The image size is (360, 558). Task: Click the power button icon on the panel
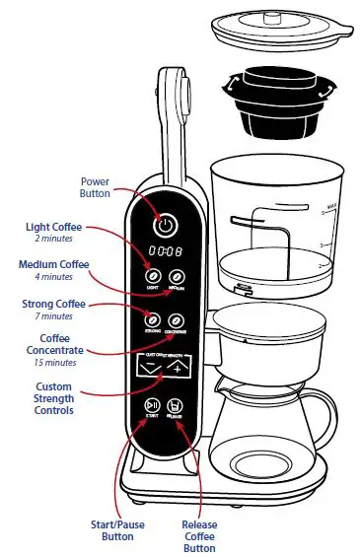(166, 225)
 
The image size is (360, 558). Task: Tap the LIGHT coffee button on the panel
(153, 277)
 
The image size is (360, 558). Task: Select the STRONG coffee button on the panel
(152, 320)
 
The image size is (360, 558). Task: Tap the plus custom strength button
(179, 368)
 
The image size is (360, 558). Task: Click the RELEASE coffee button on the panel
(176, 407)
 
